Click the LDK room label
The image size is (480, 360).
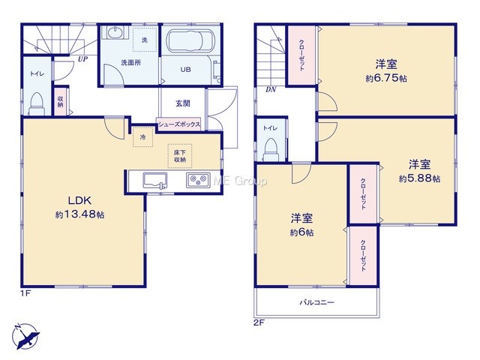pos(79,200)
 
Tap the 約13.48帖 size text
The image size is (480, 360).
pos(79,214)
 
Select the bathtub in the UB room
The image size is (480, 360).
pos(190,41)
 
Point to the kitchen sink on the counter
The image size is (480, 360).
pos(155,181)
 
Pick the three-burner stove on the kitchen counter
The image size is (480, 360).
pos(198,180)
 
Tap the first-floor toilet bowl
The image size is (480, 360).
pos(37,103)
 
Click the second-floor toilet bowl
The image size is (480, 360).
pos(271,150)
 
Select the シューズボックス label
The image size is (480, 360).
pos(179,124)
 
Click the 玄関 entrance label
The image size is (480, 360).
pos(183,103)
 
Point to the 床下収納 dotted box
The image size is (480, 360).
pos(180,156)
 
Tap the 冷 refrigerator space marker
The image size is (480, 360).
pos(142,137)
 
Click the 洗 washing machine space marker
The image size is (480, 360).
pos(145,40)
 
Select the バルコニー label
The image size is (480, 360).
pos(316,302)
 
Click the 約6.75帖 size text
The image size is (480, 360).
pos(386,78)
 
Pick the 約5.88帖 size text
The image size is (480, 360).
pos(419,178)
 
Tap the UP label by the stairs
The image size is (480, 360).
pos(82,59)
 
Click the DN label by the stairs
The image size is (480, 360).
pos(271,90)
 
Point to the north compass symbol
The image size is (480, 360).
pos(25,336)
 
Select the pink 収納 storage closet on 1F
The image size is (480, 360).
pos(61,102)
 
